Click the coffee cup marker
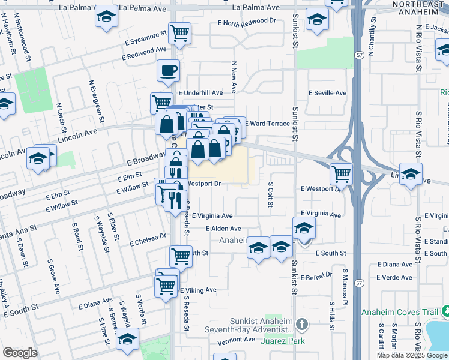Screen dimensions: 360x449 (x=168, y=71)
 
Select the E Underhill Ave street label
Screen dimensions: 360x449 (x=200, y=93)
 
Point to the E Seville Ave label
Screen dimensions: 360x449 (x=327, y=93)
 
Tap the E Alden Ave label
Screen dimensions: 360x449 (x=223, y=229)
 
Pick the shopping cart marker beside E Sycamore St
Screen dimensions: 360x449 (x=179, y=34)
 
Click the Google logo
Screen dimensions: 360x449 (x=20, y=353)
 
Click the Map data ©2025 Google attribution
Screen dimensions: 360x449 (x=412, y=355)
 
